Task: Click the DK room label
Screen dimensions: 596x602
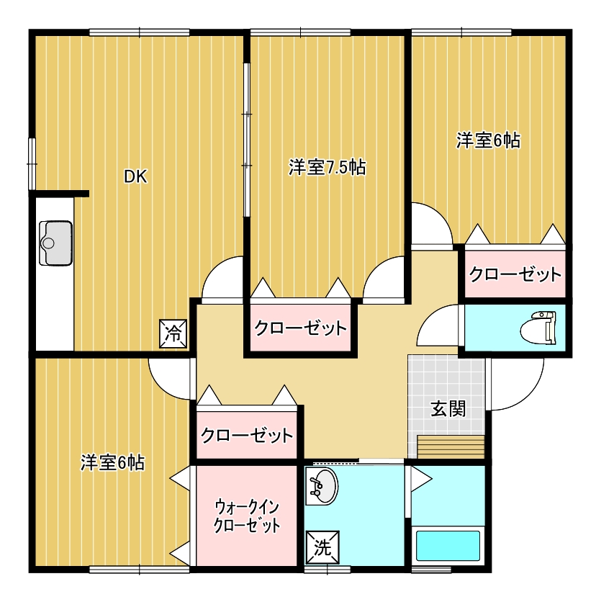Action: [x=135, y=176]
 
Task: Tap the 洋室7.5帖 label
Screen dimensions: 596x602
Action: [x=328, y=167]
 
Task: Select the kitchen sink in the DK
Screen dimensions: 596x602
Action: [x=56, y=243]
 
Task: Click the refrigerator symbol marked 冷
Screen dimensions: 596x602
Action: [x=173, y=333]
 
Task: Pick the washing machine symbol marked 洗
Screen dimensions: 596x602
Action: [x=322, y=548]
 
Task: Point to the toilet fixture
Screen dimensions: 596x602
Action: [x=538, y=328]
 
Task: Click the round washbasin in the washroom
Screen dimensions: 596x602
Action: [x=322, y=487]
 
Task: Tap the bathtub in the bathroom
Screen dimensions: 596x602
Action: [x=448, y=546]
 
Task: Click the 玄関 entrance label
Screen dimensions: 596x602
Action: [x=448, y=408]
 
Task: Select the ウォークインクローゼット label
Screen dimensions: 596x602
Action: [x=247, y=516]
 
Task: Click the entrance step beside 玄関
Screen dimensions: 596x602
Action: [x=451, y=447]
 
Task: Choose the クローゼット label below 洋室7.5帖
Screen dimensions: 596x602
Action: [x=300, y=328]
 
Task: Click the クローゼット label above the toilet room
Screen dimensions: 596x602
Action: [x=515, y=274]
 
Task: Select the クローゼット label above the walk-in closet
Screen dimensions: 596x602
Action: [x=247, y=436]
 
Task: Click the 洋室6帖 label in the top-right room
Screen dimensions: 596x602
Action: [x=488, y=140]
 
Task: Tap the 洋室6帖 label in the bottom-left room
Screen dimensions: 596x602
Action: [x=112, y=462]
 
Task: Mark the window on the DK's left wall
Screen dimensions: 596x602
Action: [x=32, y=164]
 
